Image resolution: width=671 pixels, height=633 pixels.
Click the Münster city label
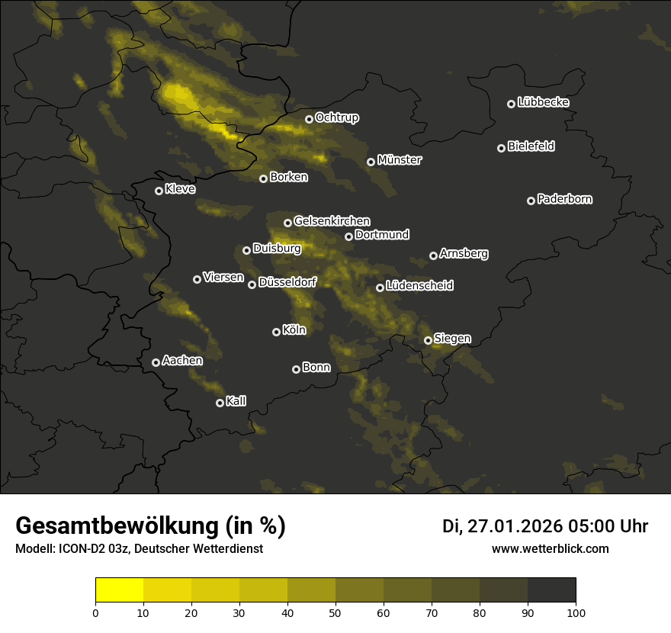pyautogui.click(x=400, y=160)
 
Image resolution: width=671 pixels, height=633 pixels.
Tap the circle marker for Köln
pyautogui.click(x=277, y=332)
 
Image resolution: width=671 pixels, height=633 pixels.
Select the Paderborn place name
pyautogui.click(x=565, y=199)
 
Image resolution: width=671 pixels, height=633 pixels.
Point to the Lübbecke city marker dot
pyautogui.click(x=512, y=104)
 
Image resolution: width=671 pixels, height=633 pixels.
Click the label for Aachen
pyautogui.click(x=182, y=361)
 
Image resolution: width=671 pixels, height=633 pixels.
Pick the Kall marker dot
pyautogui.click(x=220, y=403)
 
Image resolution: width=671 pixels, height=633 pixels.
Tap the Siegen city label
pyautogui.click(x=453, y=338)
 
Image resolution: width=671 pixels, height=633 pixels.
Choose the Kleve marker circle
pyautogui.click(x=159, y=191)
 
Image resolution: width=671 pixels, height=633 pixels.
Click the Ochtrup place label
pyautogui.click(x=337, y=117)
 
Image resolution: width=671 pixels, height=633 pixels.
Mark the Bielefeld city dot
pyautogui.click(x=502, y=148)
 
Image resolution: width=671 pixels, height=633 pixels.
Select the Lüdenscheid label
pyautogui.click(x=420, y=286)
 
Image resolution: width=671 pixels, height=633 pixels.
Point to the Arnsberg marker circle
pyautogui.click(x=434, y=255)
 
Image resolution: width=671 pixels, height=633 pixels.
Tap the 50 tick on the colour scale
pyautogui.click(x=335, y=612)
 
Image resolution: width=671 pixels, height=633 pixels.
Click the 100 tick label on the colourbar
pyautogui.click(x=576, y=612)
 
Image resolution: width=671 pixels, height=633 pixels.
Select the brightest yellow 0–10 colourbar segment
pyautogui.click(x=120, y=590)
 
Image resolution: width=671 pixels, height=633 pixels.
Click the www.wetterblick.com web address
pyautogui.click(x=551, y=548)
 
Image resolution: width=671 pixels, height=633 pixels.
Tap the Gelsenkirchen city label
pyautogui.click(x=332, y=221)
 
